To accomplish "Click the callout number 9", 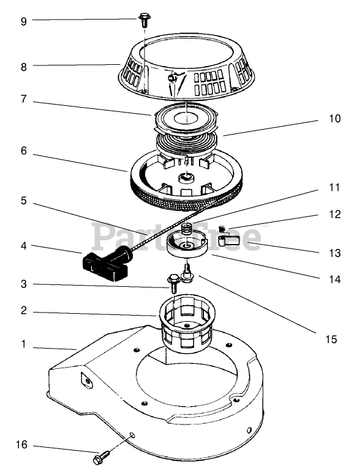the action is click(x=24, y=21).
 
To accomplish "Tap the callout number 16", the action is click(x=22, y=445).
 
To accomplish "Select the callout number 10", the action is click(x=334, y=119).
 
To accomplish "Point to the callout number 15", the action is click(x=331, y=339).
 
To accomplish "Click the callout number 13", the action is click(x=334, y=253).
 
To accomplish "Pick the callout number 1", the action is click(x=24, y=344).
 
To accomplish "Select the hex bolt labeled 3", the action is click(x=174, y=283).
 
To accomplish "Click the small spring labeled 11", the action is click(x=187, y=229).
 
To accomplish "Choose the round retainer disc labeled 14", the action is click(x=186, y=244).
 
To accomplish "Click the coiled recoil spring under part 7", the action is click(x=186, y=141).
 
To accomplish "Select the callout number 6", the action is click(x=24, y=150).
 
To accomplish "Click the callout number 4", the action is click(x=24, y=246).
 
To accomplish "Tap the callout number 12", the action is click(x=334, y=214).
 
